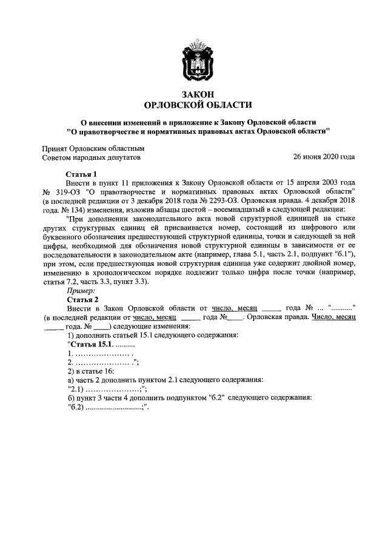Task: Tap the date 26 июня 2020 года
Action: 324,157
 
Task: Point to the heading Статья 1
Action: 82,173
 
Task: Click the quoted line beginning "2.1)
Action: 107,389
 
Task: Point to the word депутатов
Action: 121,157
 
